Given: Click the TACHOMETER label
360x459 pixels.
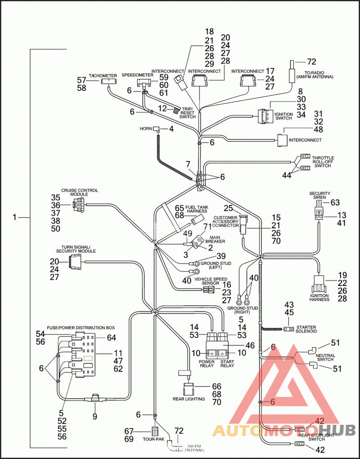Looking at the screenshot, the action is point(103,76).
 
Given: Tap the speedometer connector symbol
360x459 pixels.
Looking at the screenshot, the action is point(144,83).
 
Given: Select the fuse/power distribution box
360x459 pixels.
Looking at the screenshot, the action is point(83,354).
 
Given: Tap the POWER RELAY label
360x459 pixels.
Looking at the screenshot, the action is point(207,364).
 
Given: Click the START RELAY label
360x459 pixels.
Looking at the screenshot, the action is point(227,364).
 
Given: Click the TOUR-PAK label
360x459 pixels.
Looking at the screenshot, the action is point(151,439).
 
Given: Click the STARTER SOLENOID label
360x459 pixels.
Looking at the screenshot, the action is point(306,329).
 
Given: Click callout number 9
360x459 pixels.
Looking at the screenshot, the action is point(94,416).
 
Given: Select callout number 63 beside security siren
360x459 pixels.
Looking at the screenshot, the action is point(335,202).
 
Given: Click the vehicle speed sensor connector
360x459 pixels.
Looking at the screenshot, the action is point(208,290).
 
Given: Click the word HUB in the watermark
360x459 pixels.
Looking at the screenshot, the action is point(337,430).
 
